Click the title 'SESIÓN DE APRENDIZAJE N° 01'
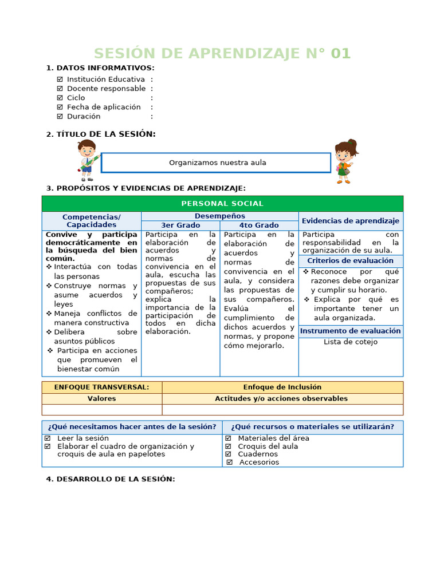(x=222, y=53)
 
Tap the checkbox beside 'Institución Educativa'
(x=60, y=80)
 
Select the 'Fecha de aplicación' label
(x=103, y=107)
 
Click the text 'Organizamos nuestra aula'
(x=217, y=163)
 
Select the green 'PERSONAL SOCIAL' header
(x=222, y=204)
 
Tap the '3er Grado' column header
(x=180, y=225)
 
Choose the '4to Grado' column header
(x=259, y=225)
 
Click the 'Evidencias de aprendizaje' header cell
(x=350, y=221)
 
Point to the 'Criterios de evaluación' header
(x=350, y=261)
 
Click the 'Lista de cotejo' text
(x=350, y=342)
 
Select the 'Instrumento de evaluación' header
(x=350, y=331)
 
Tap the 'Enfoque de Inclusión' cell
(x=282, y=387)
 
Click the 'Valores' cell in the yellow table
(x=102, y=399)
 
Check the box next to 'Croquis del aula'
(x=228, y=446)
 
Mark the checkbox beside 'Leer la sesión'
(x=48, y=438)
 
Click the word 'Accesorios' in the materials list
(x=259, y=462)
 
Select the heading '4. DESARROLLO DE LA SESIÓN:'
(x=110, y=479)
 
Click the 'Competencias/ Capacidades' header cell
(x=91, y=221)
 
